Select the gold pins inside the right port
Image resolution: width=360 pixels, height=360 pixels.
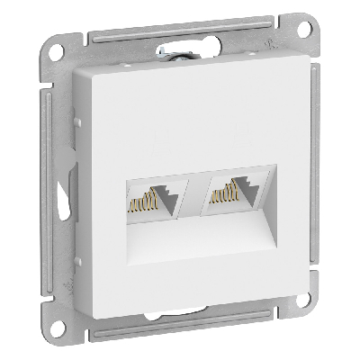(x=221, y=196)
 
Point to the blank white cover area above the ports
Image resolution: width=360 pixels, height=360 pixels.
(x=193, y=126)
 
